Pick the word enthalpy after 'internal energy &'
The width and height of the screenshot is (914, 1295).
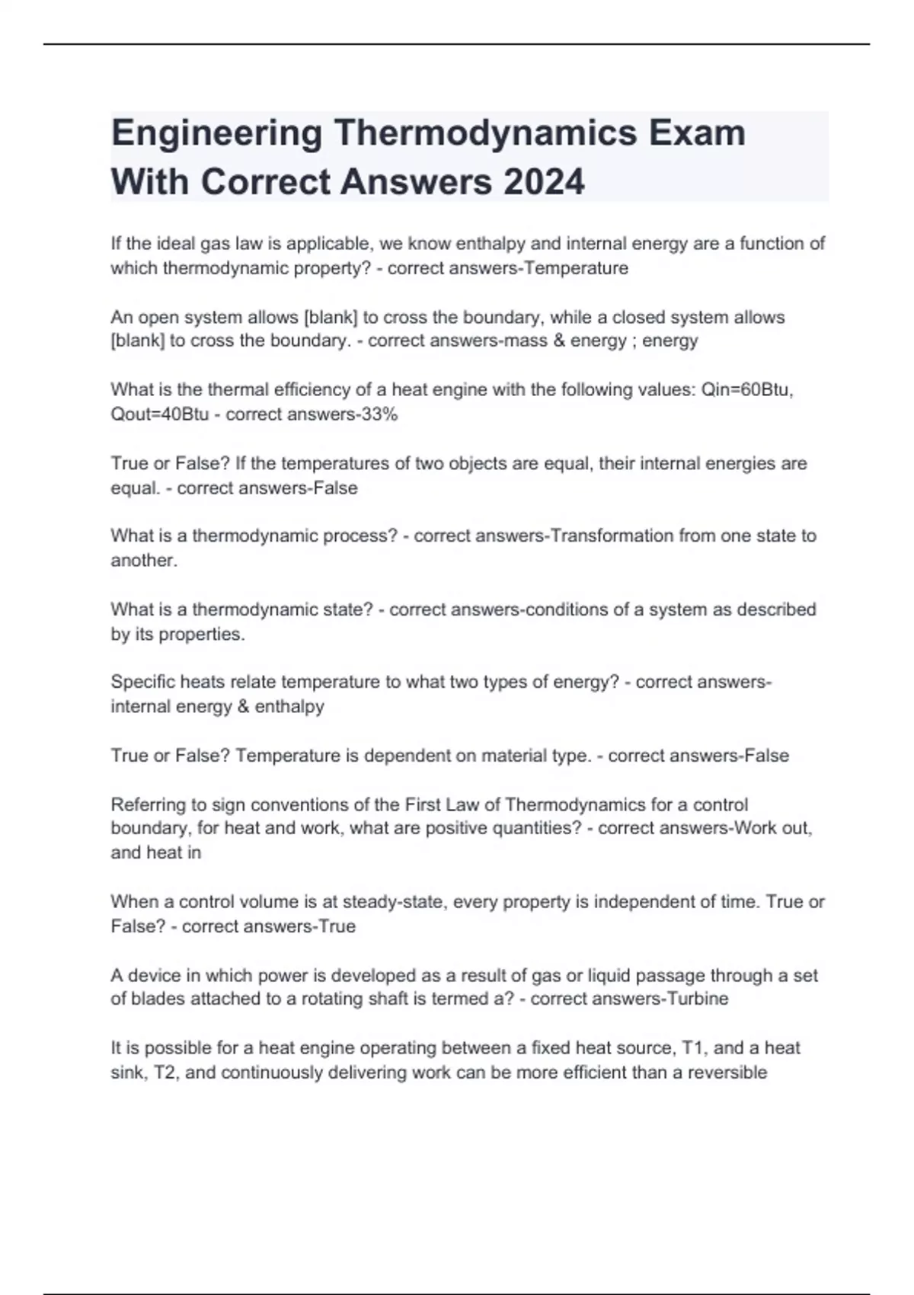coord(289,706)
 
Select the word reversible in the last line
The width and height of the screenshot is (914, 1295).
coord(727,1073)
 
